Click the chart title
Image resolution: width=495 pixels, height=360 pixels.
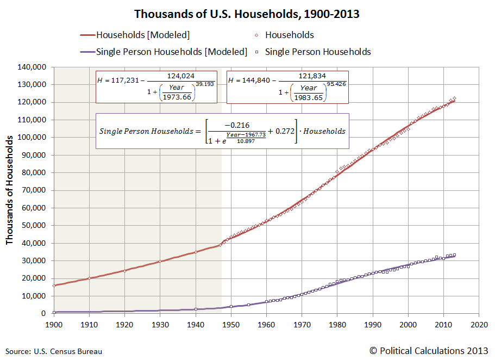[247, 14]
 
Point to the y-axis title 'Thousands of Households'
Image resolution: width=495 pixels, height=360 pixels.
[10, 190]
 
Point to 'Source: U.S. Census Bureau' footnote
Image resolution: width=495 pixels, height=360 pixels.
[54, 351]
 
